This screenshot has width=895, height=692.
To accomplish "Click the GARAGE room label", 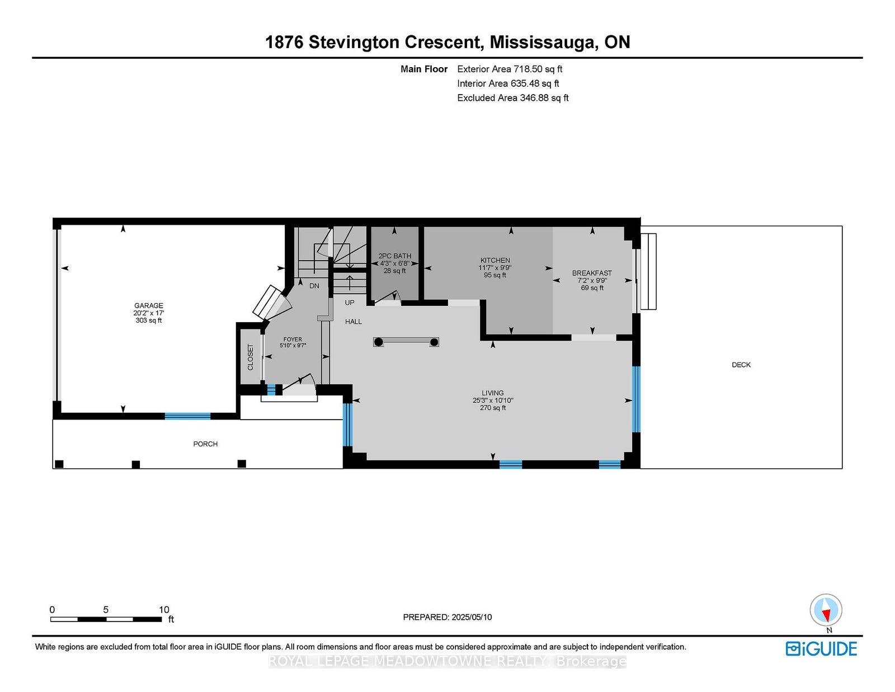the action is pyautogui.click(x=149, y=305).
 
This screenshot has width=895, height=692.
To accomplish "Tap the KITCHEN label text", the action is pyautogui.click(x=495, y=260).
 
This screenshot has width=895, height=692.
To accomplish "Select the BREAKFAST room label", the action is pyautogui.click(x=592, y=273).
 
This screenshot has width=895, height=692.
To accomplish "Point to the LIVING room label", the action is pyautogui.click(x=493, y=393).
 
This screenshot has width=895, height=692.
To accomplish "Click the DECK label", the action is pyautogui.click(x=741, y=365).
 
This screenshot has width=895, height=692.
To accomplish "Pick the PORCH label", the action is pyautogui.click(x=205, y=444).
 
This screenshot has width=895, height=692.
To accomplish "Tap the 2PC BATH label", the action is pyautogui.click(x=394, y=256).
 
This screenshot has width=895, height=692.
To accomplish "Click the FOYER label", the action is pyautogui.click(x=293, y=340).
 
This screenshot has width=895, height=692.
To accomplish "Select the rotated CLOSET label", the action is pyautogui.click(x=251, y=357).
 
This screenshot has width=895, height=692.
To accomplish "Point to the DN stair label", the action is pyautogui.click(x=314, y=286).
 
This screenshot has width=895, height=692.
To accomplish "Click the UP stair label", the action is pyautogui.click(x=350, y=303).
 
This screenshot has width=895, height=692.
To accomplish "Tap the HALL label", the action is pyautogui.click(x=354, y=322).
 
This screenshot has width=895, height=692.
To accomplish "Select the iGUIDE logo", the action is pyautogui.click(x=821, y=649).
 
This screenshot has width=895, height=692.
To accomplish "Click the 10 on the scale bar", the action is pyautogui.click(x=164, y=610).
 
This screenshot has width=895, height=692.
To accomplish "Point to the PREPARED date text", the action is pyautogui.click(x=447, y=617).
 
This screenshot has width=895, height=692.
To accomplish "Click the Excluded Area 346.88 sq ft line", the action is pyautogui.click(x=513, y=98).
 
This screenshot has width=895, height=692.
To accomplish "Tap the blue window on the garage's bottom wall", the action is pyautogui.click(x=187, y=416).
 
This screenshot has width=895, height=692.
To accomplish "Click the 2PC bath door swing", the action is pyautogui.click(x=388, y=298).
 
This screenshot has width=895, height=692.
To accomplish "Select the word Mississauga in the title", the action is pyautogui.click(x=544, y=43).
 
